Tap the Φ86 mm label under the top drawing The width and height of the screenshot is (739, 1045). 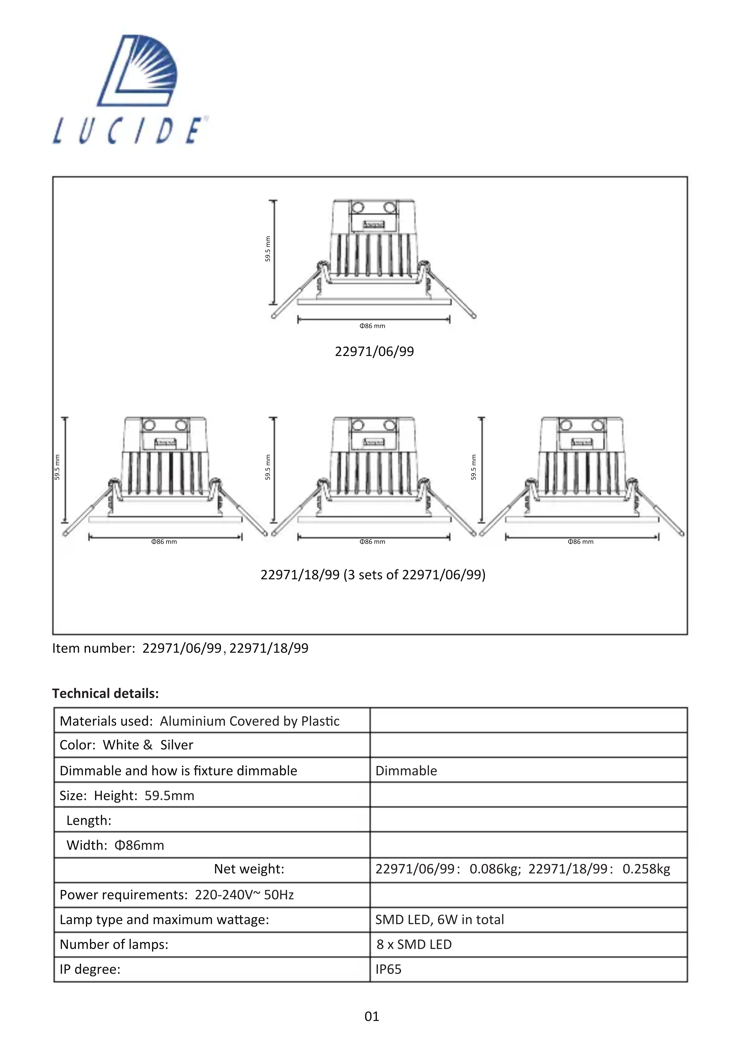(x=372, y=326)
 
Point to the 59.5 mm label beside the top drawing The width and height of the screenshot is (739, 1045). (x=268, y=249)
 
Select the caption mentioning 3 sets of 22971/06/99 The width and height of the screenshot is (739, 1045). (x=373, y=575)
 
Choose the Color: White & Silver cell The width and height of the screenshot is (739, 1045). (x=127, y=745)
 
